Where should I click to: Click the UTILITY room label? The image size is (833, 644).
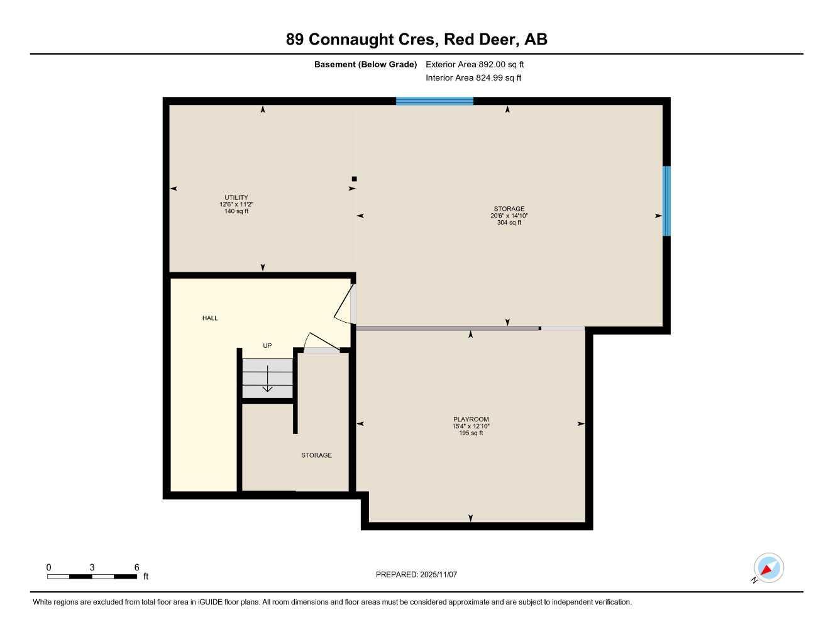[236, 197]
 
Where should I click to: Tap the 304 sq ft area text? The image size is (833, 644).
[509, 223]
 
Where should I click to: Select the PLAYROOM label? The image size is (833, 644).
[471, 419]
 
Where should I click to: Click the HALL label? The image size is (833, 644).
[210, 318]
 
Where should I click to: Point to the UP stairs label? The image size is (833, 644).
[267, 346]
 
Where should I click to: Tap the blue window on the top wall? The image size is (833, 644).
[434, 101]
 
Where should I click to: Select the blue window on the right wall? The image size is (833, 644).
[666, 201]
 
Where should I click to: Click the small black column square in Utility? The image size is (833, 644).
[354, 179]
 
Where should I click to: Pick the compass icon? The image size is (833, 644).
[768, 568]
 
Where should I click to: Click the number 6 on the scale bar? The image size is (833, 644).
[136, 567]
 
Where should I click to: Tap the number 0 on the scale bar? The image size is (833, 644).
[49, 567]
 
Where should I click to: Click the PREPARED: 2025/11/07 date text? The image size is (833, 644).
[416, 574]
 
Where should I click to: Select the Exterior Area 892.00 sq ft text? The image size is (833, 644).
[475, 64]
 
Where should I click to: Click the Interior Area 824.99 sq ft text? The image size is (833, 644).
[473, 78]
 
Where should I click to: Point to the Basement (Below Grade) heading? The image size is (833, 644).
[365, 64]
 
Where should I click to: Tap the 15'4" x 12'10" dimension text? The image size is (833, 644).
[471, 426]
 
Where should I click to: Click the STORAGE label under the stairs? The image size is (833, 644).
[316, 455]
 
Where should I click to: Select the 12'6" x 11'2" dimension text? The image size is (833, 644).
[236, 204]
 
